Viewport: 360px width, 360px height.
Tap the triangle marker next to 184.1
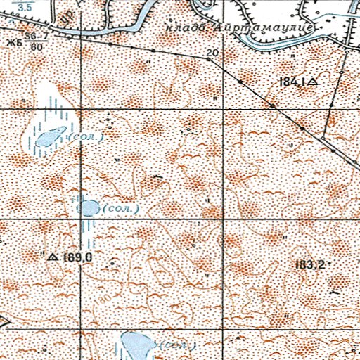pyautogui.click(x=313, y=82)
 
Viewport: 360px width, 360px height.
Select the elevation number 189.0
pyautogui.click(x=78, y=258)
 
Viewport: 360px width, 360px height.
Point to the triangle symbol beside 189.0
pyautogui.click(x=53, y=258)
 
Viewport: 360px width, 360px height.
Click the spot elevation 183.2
pyautogui.click(x=310, y=264)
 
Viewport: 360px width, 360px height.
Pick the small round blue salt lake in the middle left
pyautogui.click(x=88, y=207)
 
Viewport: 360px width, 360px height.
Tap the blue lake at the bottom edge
pyautogui.click(x=136, y=345)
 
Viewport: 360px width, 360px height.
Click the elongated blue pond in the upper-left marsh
pyautogui.click(x=49, y=138)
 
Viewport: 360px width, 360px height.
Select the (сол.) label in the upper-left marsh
pyautogui.click(x=89, y=136)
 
